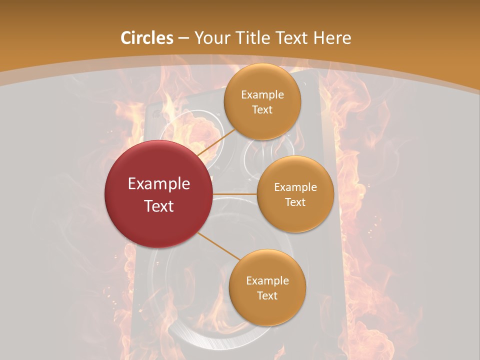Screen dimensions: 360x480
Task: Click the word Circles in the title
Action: (x=146, y=38)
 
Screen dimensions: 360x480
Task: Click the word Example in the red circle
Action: (x=159, y=184)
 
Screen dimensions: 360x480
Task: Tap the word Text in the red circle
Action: (x=159, y=206)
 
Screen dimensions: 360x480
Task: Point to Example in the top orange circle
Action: (x=262, y=95)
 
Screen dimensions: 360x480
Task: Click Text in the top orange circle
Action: (x=262, y=110)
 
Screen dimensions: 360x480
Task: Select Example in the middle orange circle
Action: (x=295, y=187)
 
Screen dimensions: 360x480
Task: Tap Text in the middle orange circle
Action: (x=295, y=202)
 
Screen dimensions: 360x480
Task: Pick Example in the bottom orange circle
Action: (x=267, y=281)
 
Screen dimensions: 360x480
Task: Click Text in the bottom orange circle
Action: (x=267, y=296)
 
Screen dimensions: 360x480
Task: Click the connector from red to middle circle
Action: (x=235, y=194)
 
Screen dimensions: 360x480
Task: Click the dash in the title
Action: (x=183, y=38)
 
